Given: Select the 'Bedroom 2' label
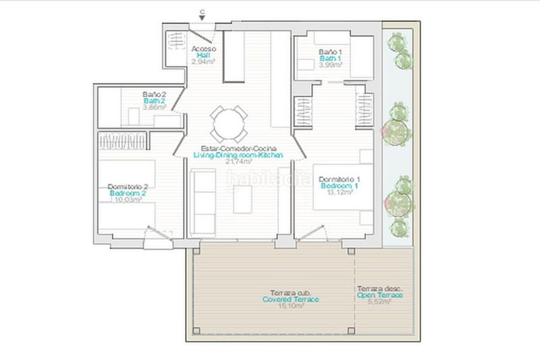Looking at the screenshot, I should [x=128, y=193].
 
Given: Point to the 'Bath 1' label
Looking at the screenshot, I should [x=331, y=58].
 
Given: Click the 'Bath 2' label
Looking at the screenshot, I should [x=155, y=101].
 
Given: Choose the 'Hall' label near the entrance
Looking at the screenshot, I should [x=203, y=55].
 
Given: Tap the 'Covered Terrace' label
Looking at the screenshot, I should [x=291, y=299].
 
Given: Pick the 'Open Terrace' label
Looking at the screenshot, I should [x=380, y=294].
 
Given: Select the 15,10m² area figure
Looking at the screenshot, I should [x=291, y=305].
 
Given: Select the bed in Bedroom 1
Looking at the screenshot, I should [x=344, y=196].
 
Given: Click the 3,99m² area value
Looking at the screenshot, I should [x=331, y=65].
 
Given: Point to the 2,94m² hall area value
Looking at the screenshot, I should [x=202, y=61].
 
